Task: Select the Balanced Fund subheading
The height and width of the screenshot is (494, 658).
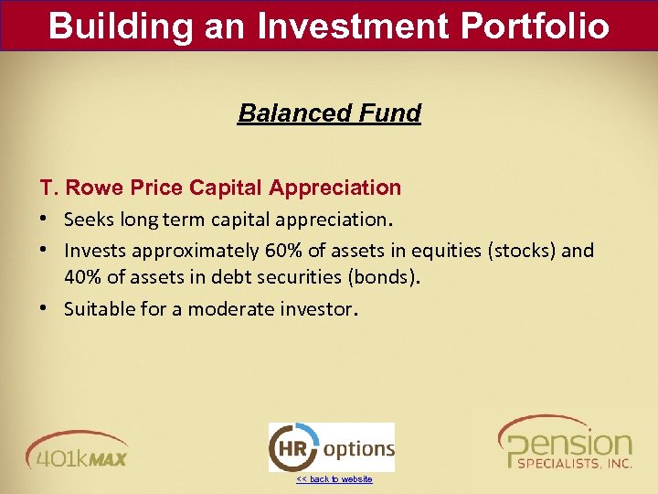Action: point(329,113)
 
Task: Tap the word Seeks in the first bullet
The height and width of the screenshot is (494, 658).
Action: point(88,220)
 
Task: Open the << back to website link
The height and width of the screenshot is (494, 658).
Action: point(334,479)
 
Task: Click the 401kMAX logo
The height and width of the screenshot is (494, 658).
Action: point(77,449)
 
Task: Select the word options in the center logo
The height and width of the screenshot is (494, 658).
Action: point(358,449)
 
